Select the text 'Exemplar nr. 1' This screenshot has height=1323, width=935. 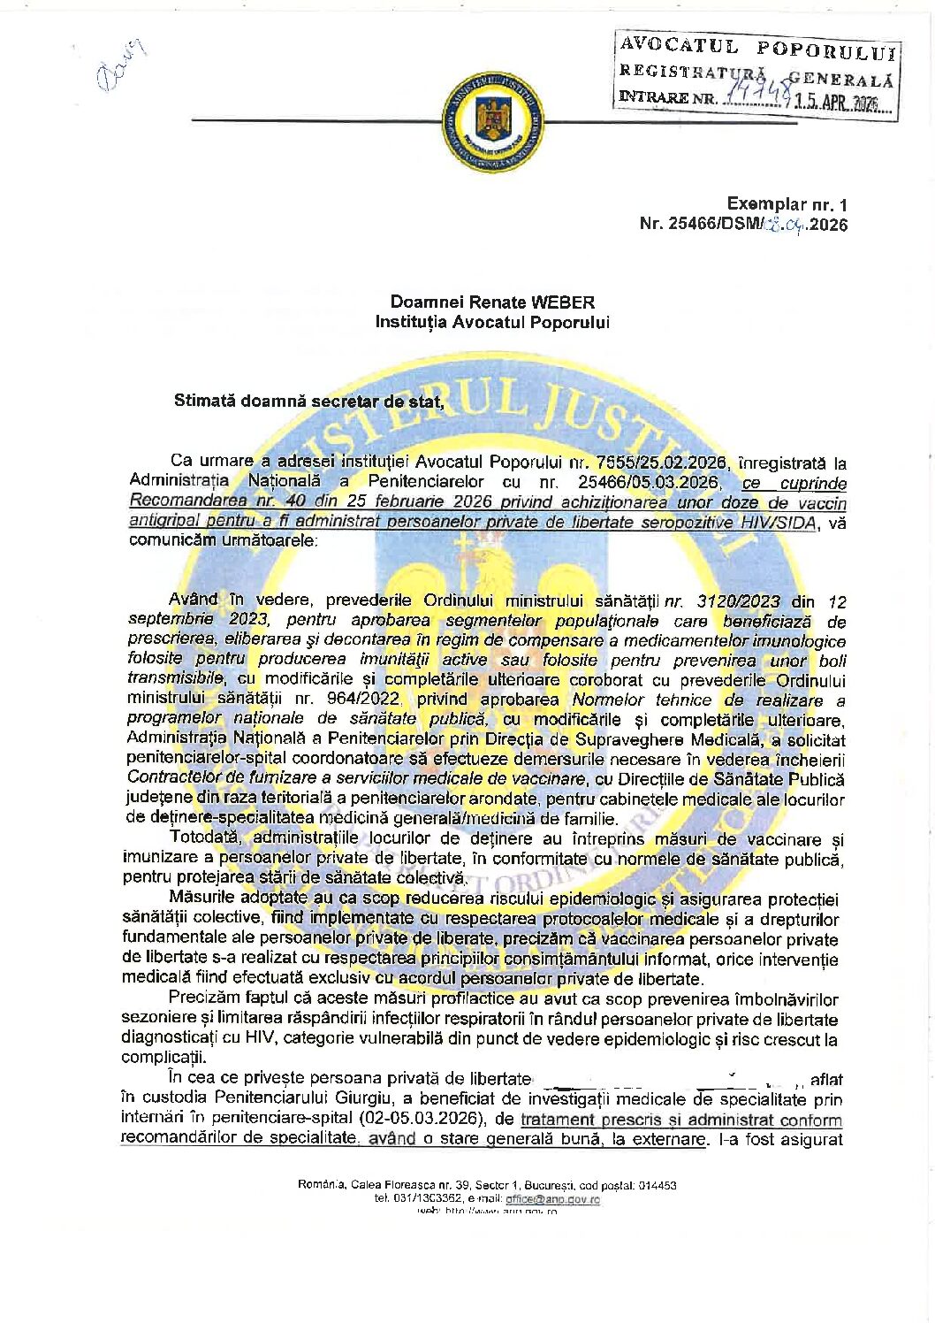pyautogui.click(x=787, y=204)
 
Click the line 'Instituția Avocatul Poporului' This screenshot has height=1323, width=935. pyautogui.click(x=492, y=323)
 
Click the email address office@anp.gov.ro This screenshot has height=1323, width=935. pyautogui.click(x=551, y=1199)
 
